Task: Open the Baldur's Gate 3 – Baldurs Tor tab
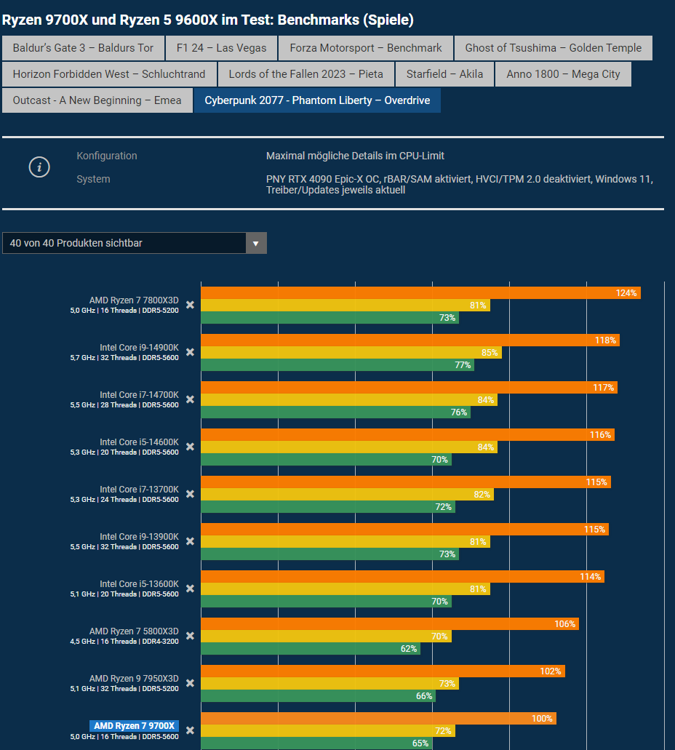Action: click(83, 48)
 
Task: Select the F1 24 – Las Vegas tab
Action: click(221, 48)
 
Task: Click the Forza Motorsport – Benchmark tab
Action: click(365, 48)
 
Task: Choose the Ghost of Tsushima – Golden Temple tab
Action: click(553, 48)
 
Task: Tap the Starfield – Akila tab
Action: click(444, 74)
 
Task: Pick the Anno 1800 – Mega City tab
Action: click(563, 74)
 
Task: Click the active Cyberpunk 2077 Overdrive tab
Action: click(317, 100)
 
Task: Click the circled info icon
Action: click(39, 167)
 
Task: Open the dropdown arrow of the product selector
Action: click(256, 243)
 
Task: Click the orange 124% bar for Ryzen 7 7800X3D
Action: click(420, 293)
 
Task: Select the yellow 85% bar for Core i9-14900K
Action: click(351, 353)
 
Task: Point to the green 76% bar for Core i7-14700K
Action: click(335, 412)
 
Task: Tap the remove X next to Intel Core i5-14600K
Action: click(190, 447)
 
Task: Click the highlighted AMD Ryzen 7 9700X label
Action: click(135, 726)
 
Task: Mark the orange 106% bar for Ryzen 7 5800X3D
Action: click(389, 624)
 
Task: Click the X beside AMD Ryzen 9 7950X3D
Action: click(190, 683)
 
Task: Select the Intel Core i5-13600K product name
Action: click(139, 584)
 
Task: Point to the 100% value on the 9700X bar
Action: click(542, 719)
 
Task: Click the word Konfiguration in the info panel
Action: click(107, 156)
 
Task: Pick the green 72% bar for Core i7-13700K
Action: click(327, 507)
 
